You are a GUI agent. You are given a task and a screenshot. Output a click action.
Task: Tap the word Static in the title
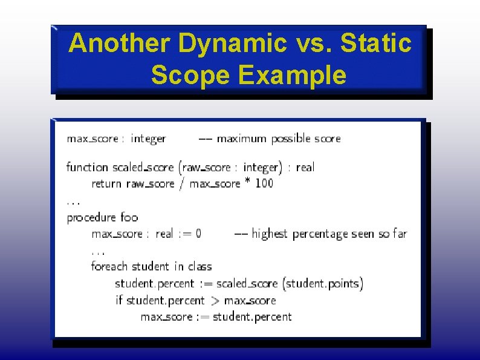[376, 44]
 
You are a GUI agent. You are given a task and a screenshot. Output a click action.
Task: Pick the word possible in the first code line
[291, 139]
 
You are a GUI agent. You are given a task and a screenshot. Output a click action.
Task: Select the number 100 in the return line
[264, 183]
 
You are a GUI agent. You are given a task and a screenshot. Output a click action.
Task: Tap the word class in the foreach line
[200, 267]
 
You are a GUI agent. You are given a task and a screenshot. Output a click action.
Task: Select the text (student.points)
[324, 283]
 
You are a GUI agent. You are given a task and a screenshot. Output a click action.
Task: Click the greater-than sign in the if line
[215, 300]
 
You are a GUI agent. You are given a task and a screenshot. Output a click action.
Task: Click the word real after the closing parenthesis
[305, 167]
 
